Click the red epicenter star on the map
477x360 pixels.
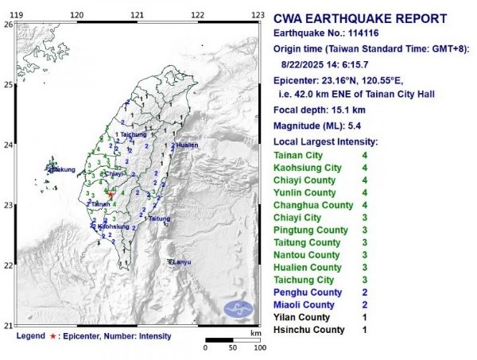click(x=111, y=195)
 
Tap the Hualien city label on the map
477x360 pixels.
click(x=187, y=145)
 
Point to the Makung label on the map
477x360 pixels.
click(x=64, y=169)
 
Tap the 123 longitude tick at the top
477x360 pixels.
click(x=257, y=15)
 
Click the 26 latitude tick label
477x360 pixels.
click(x=7, y=25)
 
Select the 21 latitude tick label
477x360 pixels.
click(x=7, y=326)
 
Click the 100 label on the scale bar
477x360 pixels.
click(x=258, y=348)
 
